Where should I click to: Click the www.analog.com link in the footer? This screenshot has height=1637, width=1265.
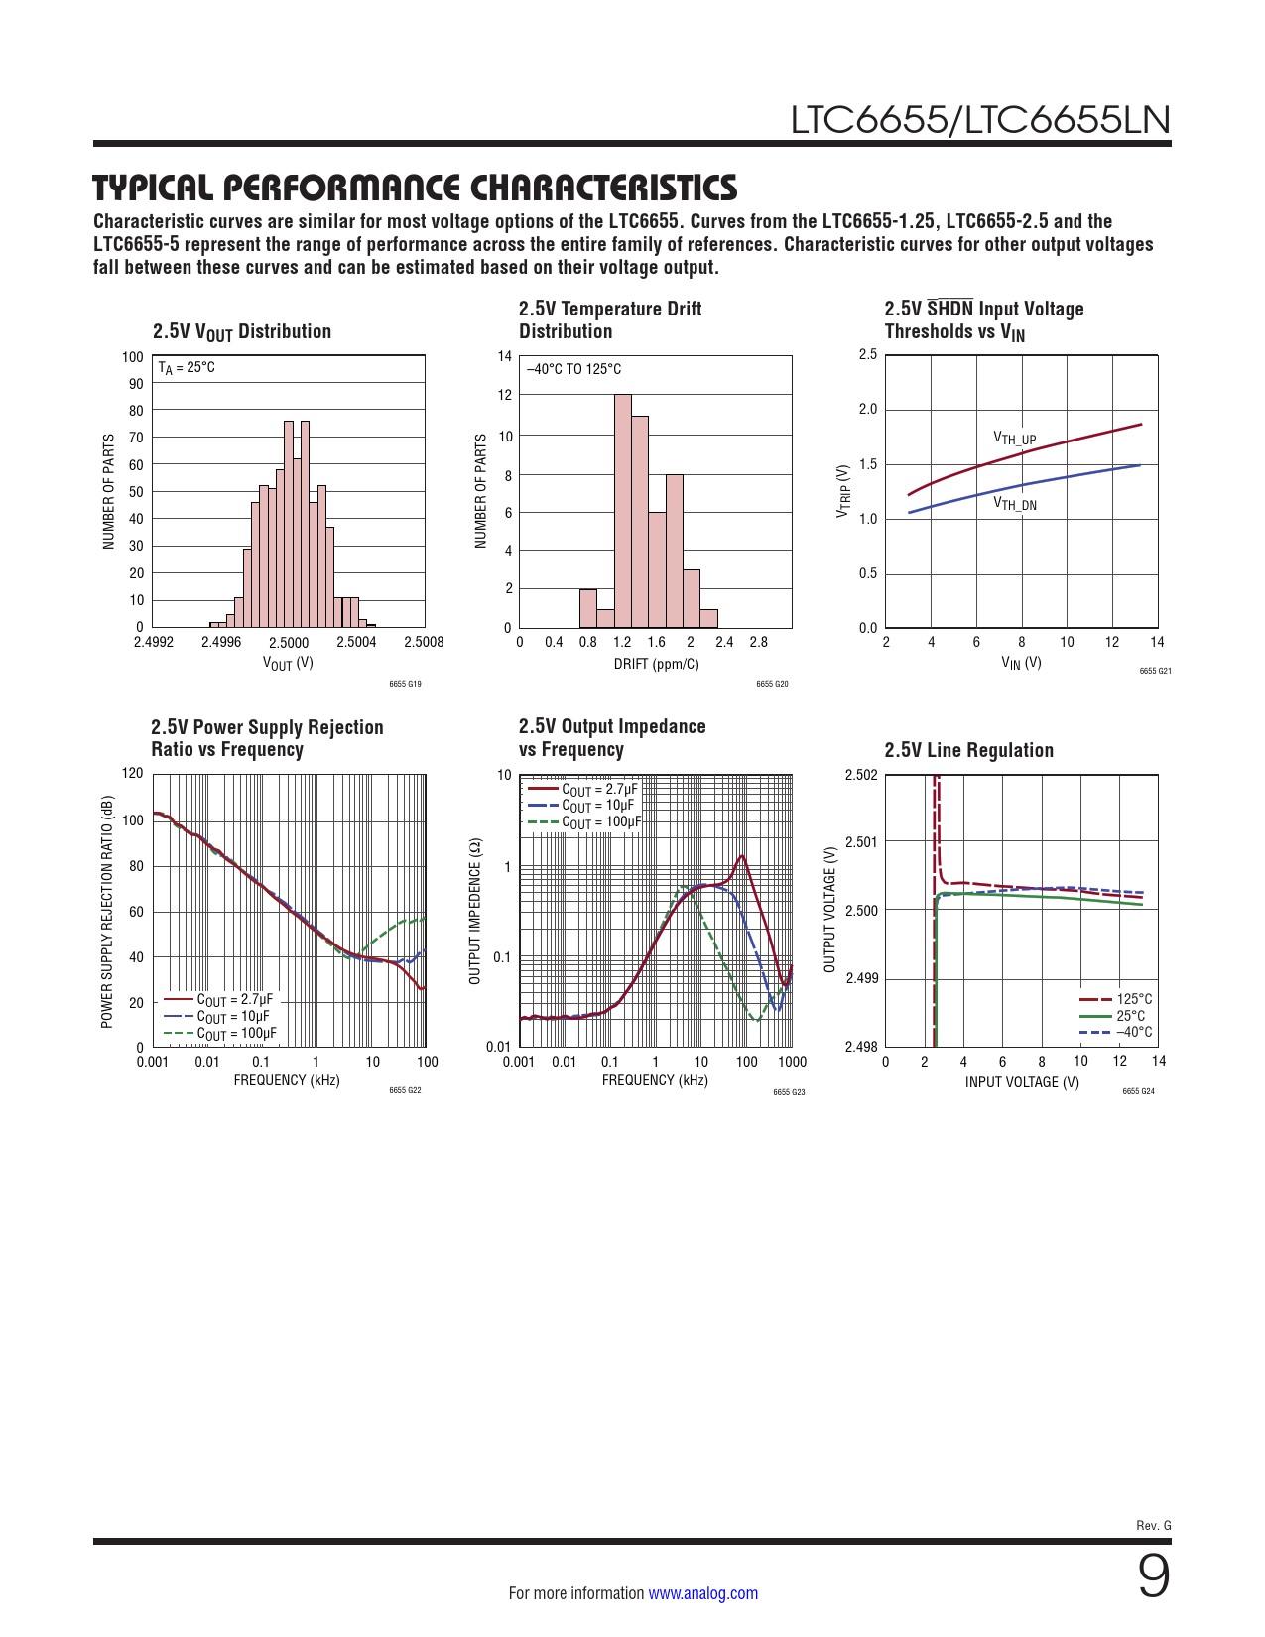click(x=702, y=1593)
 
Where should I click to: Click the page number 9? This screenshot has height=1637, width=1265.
click(x=1153, y=1576)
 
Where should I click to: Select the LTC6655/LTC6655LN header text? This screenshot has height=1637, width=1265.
click(x=980, y=120)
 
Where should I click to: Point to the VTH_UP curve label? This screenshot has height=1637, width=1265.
click(x=1015, y=439)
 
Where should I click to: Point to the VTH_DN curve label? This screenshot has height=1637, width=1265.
click(x=1015, y=504)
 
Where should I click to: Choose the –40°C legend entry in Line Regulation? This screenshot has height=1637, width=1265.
click(x=1134, y=1032)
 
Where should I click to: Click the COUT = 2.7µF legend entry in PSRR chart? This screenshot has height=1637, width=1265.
click(x=234, y=999)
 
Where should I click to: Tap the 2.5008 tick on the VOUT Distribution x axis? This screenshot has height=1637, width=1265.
click(x=424, y=642)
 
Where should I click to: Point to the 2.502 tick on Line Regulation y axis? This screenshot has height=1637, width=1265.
click(x=861, y=775)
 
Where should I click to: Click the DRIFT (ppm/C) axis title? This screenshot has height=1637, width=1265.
click(x=656, y=664)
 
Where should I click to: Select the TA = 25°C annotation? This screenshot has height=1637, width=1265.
click(x=187, y=368)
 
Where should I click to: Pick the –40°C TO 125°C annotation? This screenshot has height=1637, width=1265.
click(x=574, y=369)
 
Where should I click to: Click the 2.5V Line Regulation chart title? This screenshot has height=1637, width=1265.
click(x=968, y=750)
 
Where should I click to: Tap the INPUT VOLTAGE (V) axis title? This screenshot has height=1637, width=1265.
click(x=1022, y=1082)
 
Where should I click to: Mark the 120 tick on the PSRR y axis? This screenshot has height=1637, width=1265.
click(x=133, y=773)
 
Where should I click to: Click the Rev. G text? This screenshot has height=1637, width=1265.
click(x=1153, y=1525)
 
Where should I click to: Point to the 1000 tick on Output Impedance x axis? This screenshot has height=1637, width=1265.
click(x=792, y=1062)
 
